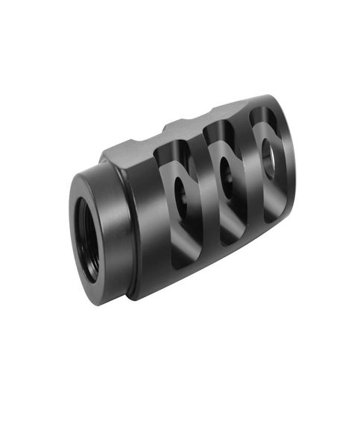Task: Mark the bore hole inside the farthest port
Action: click(x=270, y=153)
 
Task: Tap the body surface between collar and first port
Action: click(x=149, y=223)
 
